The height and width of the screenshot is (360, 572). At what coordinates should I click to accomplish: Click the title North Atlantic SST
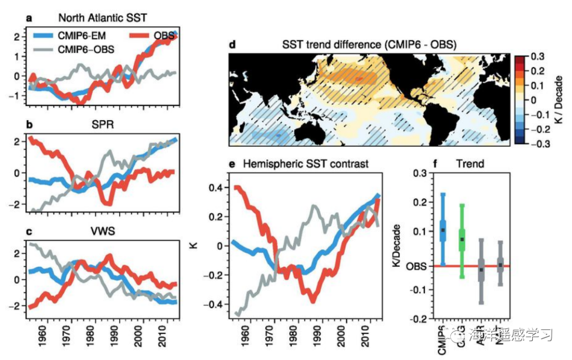[x=102, y=17]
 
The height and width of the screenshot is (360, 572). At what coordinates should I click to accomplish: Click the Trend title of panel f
[x=470, y=164]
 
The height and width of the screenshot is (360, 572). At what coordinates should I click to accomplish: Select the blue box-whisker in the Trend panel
[x=443, y=230]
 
